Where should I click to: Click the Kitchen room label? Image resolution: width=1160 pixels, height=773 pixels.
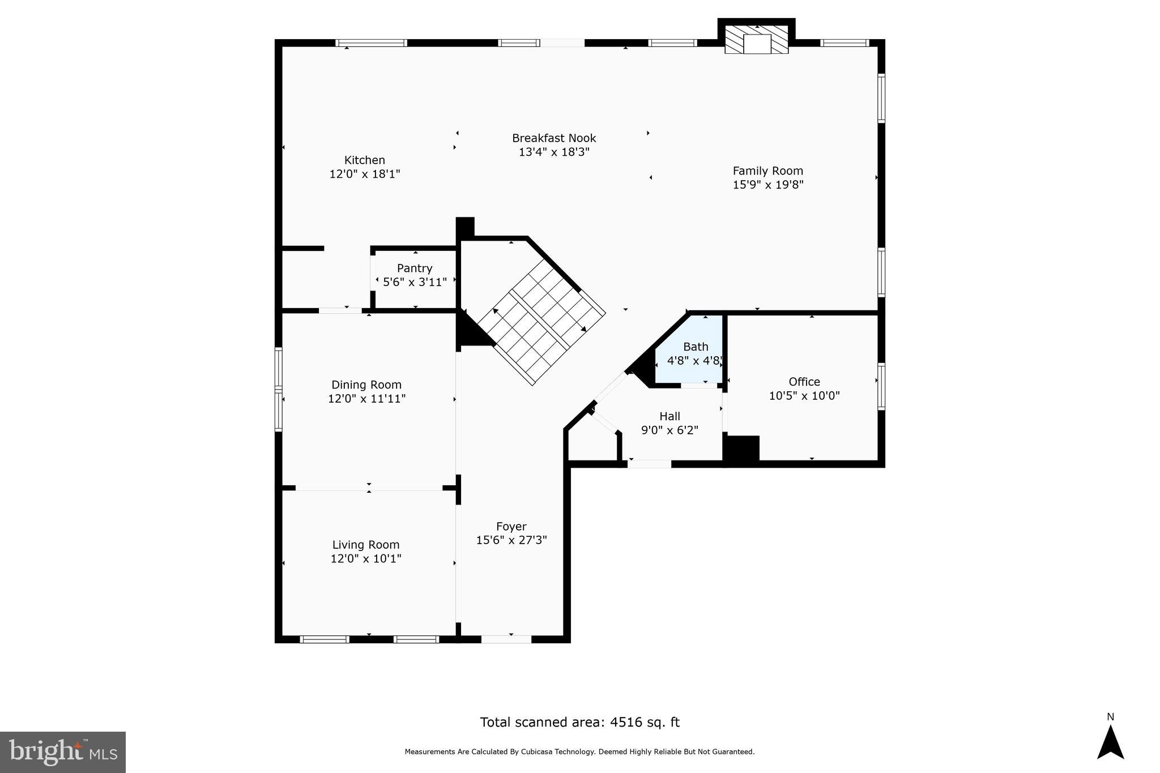pyautogui.click(x=365, y=160)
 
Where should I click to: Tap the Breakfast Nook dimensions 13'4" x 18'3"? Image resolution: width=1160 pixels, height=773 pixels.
pyautogui.click(x=554, y=152)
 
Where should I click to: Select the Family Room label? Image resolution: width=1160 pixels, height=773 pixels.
pyautogui.click(x=767, y=170)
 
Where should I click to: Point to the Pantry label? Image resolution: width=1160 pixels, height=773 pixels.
pyautogui.click(x=415, y=268)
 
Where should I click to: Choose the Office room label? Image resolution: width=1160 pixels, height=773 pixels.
pyautogui.click(x=804, y=382)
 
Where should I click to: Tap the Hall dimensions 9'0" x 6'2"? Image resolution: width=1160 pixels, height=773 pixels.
pyautogui.click(x=669, y=430)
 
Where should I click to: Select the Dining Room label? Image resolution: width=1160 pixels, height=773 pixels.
pyautogui.click(x=366, y=385)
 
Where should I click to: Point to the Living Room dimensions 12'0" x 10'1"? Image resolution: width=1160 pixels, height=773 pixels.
pyautogui.click(x=366, y=559)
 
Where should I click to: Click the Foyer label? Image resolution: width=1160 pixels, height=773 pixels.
pyautogui.click(x=511, y=527)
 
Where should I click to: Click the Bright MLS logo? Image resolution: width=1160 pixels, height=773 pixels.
pyautogui.click(x=63, y=752)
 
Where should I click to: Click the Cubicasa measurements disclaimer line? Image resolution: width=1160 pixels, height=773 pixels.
pyautogui.click(x=579, y=752)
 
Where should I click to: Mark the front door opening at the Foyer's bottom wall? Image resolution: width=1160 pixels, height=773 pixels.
pyautogui.click(x=506, y=639)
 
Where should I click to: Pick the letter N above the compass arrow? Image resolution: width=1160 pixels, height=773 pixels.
pyautogui.click(x=1110, y=717)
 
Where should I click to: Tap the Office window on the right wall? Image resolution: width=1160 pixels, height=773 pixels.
pyautogui.click(x=881, y=387)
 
